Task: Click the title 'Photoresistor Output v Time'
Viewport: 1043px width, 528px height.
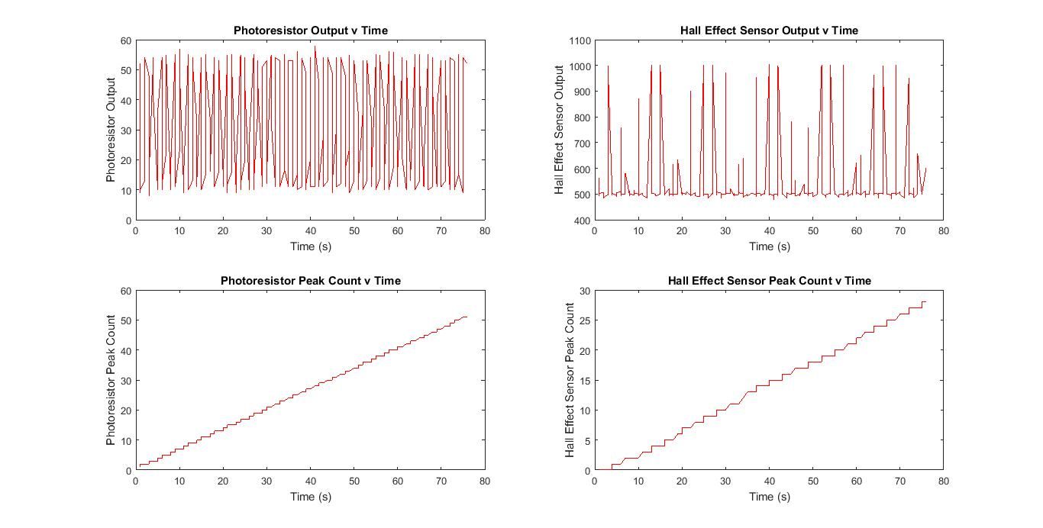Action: click(x=310, y=31)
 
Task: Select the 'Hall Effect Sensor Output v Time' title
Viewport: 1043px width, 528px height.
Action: click(x=769, y=31)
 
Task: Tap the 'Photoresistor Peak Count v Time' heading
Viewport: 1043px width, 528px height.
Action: click(x=310, y=281)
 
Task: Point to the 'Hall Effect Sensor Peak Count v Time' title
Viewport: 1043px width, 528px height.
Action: click(x=769, y=281)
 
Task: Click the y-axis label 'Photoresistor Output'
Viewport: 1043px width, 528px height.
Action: click(x=111, y=130)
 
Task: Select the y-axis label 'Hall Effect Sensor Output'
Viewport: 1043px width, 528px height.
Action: click(x=558, y=130)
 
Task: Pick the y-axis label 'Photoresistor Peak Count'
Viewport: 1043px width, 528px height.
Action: click(x=111, y=380)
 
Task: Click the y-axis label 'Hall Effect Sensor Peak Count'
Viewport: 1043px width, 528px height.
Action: click(x=570, y=380)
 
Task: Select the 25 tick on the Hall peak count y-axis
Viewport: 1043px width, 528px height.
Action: click(x=584, y=320)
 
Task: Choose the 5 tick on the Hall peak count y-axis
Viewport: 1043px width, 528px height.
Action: click(x=586, y=441)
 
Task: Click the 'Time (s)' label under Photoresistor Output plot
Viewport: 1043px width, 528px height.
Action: click(x=310, y=246)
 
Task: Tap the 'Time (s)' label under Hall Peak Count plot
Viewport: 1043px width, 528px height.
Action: click(x=769, y=497)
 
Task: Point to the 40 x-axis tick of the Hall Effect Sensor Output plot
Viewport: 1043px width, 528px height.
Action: click(x=769, y=231)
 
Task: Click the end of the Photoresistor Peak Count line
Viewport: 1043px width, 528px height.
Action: click(x=467, y=317)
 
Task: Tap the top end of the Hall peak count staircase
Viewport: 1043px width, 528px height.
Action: click(x=925, y=301)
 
